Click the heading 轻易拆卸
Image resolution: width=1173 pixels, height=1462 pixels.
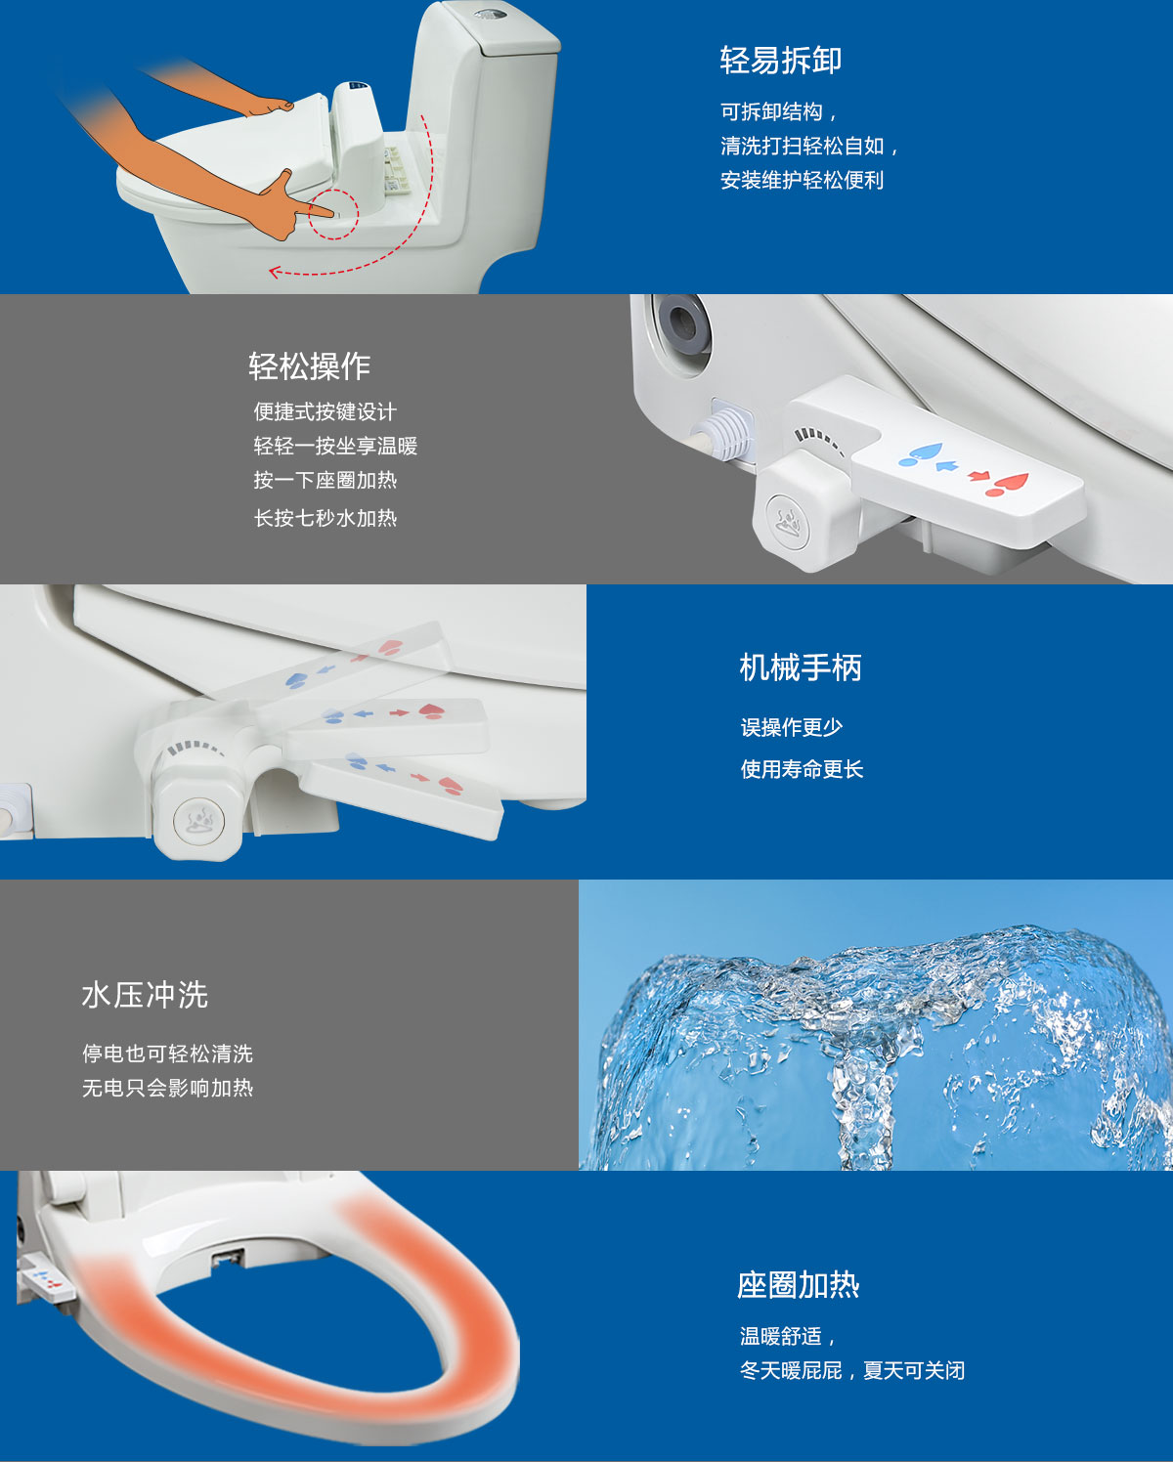point(781,60)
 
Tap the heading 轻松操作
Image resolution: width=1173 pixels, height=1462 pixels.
point(309,366)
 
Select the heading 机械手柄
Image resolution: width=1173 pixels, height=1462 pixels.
point(801,667)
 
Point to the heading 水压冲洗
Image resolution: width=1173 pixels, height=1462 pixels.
point(145,995)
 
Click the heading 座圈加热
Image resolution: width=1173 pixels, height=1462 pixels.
point(799,1285)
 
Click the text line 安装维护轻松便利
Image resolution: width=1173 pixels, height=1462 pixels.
point(802,180)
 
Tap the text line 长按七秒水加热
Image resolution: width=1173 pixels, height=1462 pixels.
point(325,518)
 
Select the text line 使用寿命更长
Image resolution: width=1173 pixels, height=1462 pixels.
point(802,769)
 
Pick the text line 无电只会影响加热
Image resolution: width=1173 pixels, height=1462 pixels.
point(168,1088)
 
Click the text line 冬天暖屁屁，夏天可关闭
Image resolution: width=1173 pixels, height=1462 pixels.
point(852,1370)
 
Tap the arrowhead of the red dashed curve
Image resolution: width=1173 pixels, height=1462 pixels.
point(275,273)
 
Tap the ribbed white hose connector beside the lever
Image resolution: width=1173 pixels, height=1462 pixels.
point(723,436)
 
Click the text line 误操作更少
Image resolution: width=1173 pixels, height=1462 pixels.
point(792,728)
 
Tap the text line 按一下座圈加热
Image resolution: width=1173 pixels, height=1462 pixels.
point(325,480)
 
